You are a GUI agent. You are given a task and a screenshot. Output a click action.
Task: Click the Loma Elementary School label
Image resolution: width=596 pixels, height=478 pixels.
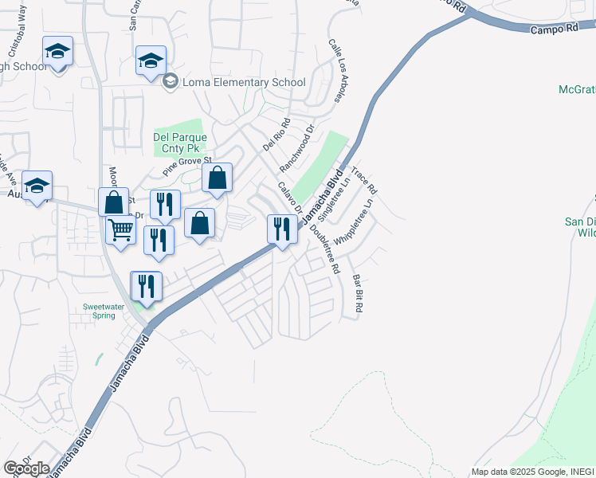[244, 82]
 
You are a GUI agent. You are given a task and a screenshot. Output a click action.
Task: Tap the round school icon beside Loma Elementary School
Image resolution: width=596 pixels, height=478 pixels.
[170, 81]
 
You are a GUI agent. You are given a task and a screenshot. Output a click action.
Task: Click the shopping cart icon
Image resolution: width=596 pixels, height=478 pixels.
[120, 230]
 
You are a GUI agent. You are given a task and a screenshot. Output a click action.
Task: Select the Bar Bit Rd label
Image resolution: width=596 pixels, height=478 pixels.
[358, 293]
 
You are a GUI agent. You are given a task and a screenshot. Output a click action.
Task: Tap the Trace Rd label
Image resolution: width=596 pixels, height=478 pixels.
[363, 181]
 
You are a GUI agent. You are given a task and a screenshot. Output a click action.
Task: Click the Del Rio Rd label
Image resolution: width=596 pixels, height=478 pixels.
[277, 135]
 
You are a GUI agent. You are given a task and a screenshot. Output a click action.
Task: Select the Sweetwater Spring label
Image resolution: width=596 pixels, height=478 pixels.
[104, 310]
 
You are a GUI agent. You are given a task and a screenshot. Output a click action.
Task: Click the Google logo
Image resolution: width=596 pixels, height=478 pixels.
[26, 468]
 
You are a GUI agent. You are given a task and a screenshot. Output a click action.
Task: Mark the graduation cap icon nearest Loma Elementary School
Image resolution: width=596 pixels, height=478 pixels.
[151, 61]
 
